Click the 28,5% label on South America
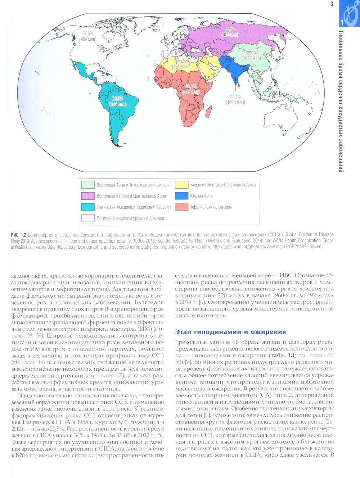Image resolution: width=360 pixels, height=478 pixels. [117, 98]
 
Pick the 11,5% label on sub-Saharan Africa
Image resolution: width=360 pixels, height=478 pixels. [191, 86]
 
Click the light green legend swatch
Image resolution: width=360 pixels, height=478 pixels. [87, 185]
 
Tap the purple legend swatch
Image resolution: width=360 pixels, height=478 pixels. [87, 196]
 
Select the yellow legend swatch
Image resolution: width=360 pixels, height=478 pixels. [182, 185]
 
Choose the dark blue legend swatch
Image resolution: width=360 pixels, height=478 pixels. [182, 196]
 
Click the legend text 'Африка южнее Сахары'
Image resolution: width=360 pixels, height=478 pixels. [211, 207]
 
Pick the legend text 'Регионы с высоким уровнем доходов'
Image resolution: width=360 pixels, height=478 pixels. [130, 218]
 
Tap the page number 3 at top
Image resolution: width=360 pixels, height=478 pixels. [331, 4]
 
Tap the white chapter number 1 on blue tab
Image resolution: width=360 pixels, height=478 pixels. [341, 22]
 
